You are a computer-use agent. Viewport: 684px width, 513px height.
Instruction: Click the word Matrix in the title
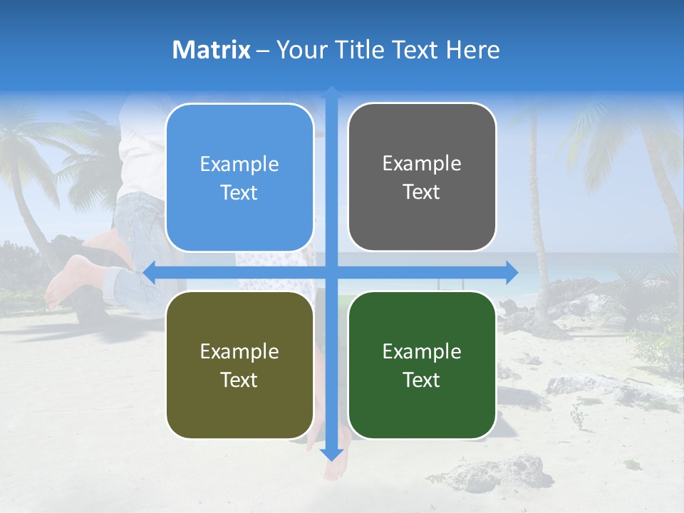[212, 50]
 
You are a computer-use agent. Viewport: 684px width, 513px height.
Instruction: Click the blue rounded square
[239, 177]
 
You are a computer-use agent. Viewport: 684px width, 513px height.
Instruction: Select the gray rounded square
[422, 177]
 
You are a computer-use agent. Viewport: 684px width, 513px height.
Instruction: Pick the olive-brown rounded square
[239, 365]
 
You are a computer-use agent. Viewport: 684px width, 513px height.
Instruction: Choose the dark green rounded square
[422, 365]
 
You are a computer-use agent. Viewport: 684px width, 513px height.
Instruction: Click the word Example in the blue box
[239, 165]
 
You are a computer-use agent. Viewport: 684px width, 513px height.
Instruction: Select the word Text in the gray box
[422, 192]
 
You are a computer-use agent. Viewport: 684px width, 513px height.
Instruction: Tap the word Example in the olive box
[239, 351]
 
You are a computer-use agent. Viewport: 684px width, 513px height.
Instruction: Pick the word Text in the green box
[422, 380]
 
